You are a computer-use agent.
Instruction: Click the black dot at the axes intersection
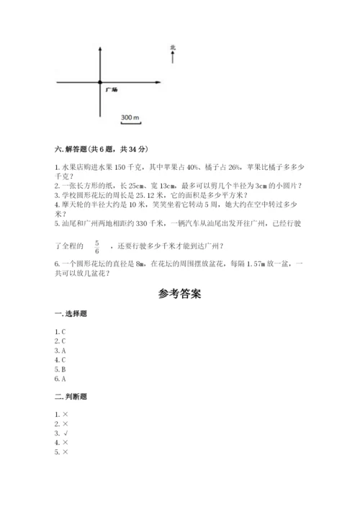coord(100,81)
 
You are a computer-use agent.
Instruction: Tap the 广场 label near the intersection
coord(111,90)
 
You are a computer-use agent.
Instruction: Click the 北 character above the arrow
coord(173,48)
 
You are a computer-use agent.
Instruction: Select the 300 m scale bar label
coord(130,116)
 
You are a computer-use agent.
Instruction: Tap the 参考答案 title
coord(179,294)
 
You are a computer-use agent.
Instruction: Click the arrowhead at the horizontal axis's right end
coord(156,81)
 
